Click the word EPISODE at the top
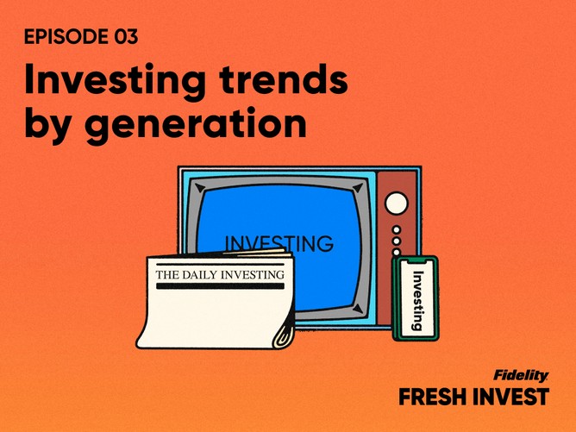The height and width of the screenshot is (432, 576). (x=66, y=37)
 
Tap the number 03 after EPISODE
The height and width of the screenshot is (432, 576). (x=126, y=37)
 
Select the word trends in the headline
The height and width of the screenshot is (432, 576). (x=284, y=79)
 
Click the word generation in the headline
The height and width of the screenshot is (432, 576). (x=196, y=123)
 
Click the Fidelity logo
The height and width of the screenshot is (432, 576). (x=521, y=375)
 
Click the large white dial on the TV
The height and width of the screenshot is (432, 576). (x=397, y=203)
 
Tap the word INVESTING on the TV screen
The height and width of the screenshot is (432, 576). (x=279, y=242)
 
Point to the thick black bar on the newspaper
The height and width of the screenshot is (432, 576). (x=221, y=285)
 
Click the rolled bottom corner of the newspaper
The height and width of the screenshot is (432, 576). (x=285, y=336)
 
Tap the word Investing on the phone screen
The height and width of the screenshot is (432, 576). (x=417, y=300)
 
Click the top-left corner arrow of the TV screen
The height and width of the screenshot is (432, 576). (x=200, y=188)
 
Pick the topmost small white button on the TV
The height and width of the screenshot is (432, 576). (x=397, y=230)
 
